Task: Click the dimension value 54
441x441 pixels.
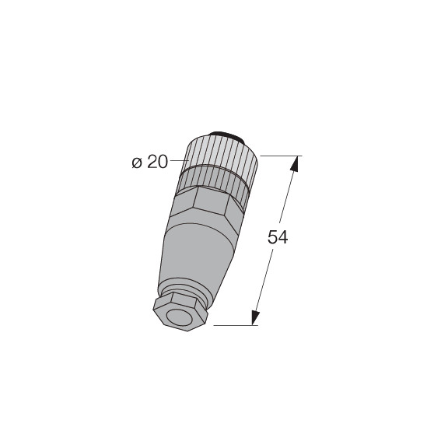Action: [x=278, y=237]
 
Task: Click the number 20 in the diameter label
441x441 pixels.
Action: [x=157, y=162]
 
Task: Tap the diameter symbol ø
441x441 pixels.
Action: [x=137, y=163]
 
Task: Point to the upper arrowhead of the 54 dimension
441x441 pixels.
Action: [x=294, y=163]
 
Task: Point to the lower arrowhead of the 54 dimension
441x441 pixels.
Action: [x=255, y=318]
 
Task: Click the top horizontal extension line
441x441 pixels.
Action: [x=282, y=156]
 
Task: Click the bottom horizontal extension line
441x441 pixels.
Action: [x=236, y=325]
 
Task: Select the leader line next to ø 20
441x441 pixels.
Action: [x=180, y=160]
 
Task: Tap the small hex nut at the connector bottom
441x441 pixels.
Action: [x=180, y=312]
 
